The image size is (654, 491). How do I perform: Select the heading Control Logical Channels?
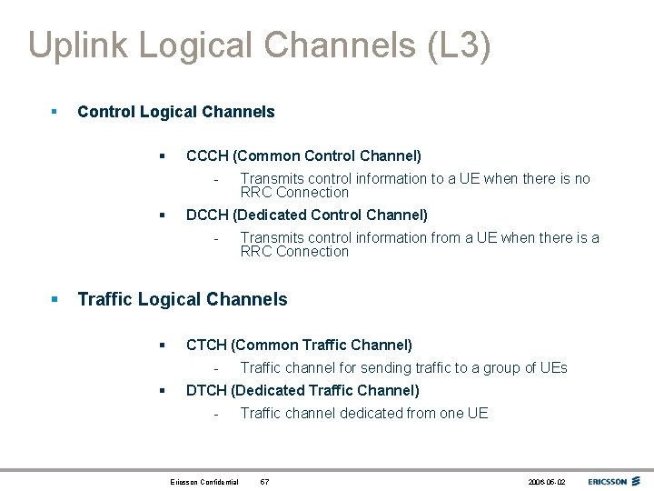click(176, 112)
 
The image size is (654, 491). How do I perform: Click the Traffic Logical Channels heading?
click(183, 299)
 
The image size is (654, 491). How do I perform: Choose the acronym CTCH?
click(206, 346)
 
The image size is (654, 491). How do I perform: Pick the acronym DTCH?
click(206, 391)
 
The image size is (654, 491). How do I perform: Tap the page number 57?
click(264, 481)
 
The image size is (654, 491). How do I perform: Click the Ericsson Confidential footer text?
click(204, 481)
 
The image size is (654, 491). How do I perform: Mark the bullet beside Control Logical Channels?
click(54, 112)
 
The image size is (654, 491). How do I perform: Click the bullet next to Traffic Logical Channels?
click(54, 299)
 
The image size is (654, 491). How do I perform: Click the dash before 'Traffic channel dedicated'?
click(216, 414)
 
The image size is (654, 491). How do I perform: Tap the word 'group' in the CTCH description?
click(489, 368)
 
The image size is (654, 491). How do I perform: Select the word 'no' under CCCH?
click(581, 179)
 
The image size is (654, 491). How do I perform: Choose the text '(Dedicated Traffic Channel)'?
click(325, 391)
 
